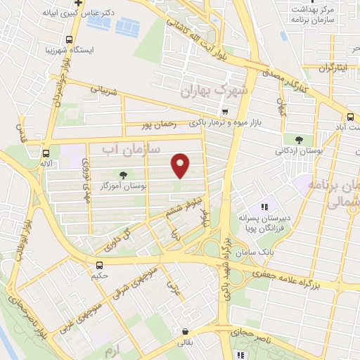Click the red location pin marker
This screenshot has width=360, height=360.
click(x=181, y=165)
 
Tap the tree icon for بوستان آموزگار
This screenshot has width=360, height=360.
click(x=124, y=175)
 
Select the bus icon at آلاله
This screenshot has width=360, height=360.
click(x=46, y=153)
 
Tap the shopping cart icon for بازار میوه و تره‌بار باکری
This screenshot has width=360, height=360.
click(x=224, y=112)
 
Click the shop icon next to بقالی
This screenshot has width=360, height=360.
click(x=185, y=331)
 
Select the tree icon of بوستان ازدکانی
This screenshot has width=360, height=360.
click(x=300, y=140)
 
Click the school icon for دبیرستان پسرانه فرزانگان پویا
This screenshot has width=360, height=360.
click(x=265, y=207)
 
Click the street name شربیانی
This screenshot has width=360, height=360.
click(x=98, y=91)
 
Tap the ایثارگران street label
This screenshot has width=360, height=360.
click(x=315, y=68)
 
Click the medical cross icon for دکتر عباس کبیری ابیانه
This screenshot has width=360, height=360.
click(x=79, y=4)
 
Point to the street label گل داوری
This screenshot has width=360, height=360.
click(x=118, y=240)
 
